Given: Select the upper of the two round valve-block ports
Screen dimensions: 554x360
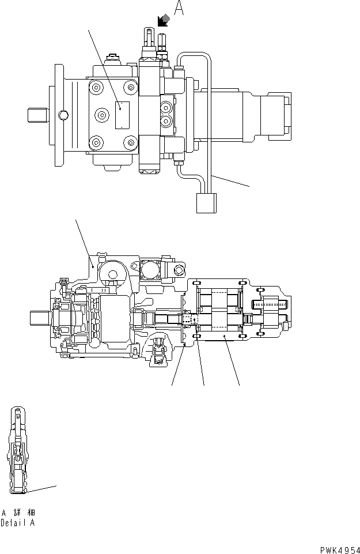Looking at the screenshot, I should (166, 107).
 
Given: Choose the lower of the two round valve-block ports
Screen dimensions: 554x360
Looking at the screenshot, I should (166, 120).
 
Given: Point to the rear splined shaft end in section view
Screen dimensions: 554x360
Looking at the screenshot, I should (270, 303).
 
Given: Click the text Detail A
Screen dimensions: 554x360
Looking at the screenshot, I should (18, 523).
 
